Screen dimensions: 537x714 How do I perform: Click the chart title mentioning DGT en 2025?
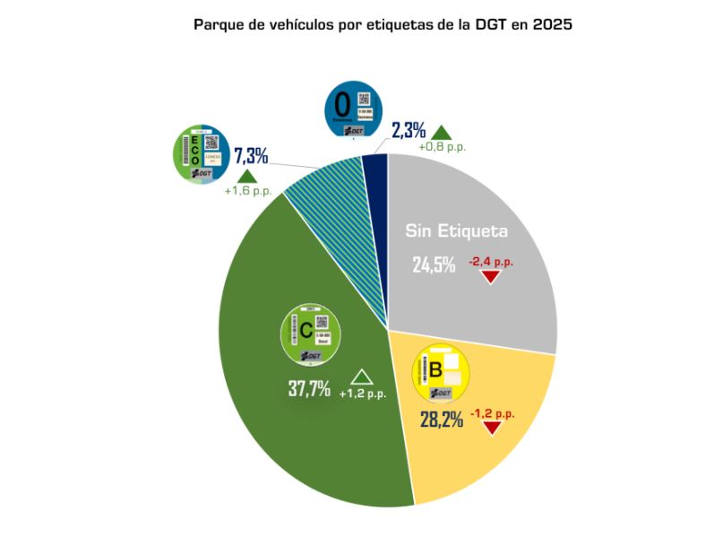tap(383, 24)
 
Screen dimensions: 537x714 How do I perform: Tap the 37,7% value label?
tap(309, 388)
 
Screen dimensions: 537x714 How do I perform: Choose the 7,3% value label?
tap(251, 155)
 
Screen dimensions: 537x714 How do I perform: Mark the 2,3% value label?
tap(409, 130)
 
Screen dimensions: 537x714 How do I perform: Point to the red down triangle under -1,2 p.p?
tap(491, 427)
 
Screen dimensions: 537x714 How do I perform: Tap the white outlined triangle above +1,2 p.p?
tap(362, 377)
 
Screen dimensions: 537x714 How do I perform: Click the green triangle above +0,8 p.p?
tap(442, 133)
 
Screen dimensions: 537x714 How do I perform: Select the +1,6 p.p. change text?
tap(247, 191)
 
